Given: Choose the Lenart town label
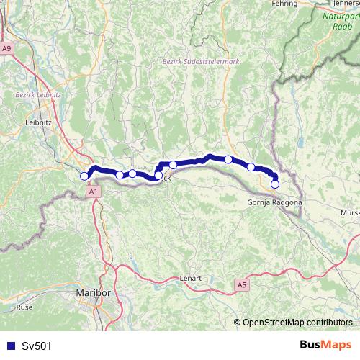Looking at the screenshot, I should point(190,278).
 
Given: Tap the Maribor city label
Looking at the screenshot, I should point(93,294).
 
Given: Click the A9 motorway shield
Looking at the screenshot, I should point(7,48).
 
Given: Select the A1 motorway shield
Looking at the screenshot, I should point(93,192).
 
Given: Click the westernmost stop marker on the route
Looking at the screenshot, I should point(84,176).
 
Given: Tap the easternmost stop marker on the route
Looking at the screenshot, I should point(274,184).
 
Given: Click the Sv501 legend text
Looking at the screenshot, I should point(37,346).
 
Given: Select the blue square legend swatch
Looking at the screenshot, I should point(9,346).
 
